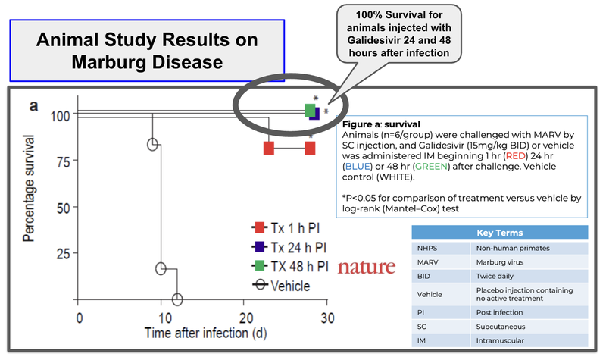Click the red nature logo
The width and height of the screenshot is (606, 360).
pyautogui.click(x=367, y=267)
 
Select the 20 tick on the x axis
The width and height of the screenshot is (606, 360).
pyautogui.click(x=244, y=318)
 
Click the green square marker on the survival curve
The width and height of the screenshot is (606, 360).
pyautogui.click(x=310, y=111)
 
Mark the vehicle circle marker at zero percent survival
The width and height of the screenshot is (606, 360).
pyautogui.click(x=177, y=299)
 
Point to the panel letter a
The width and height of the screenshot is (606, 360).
pyautogui.click(x=33, y=106)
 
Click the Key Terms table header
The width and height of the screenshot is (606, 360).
pyautogui.click(x=501, y=233)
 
